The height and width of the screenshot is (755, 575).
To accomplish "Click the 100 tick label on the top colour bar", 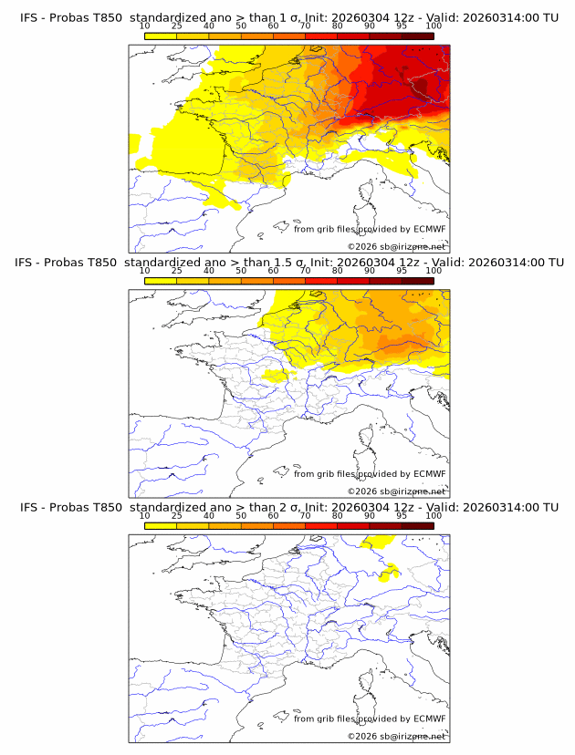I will pos(434,25).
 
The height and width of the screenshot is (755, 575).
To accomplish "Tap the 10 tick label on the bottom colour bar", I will pos(144,516).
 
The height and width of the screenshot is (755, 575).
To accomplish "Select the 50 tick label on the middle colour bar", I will pos(241,271).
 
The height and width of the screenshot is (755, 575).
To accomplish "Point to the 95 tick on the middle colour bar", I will pos(402,271).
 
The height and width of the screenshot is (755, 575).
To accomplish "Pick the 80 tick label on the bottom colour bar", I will pos(338,516).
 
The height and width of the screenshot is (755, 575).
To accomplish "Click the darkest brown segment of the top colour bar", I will pos(417,36).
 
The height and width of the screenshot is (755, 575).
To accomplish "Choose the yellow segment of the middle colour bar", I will pos(160,281).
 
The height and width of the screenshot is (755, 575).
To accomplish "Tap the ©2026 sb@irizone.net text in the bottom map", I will pos(397,736).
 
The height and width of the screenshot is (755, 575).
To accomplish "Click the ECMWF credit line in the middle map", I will pos(370,473).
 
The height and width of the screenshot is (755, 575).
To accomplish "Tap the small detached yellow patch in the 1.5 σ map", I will pos(273,375).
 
